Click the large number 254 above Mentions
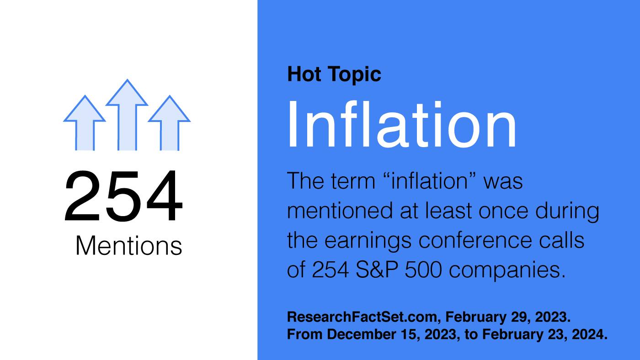coord(123,196)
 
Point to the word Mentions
coord(128,246)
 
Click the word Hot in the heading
coord(304,74)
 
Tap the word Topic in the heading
coord(356,75)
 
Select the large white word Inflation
coord(402,124)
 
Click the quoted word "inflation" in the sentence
coord(429,180)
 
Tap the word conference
coord(475,240)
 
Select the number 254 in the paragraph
coord(330,270)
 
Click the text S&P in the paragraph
coord(377,270)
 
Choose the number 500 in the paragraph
coord(423,270)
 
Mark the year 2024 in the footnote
coord(589,334)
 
